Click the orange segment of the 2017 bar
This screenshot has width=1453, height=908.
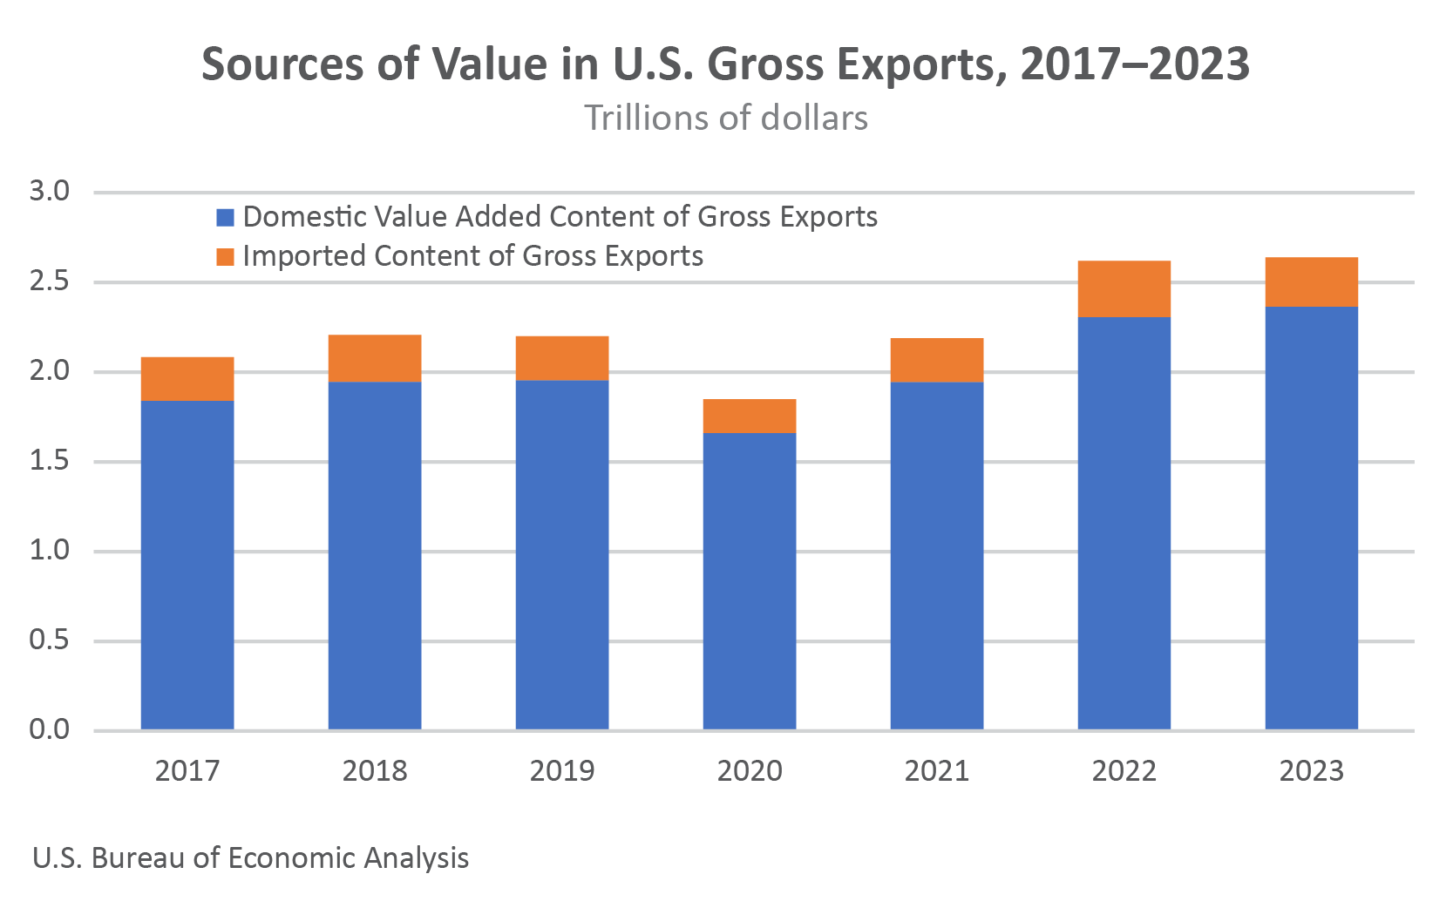187,378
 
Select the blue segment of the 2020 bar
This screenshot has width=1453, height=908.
750,580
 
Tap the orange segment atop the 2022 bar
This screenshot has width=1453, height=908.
1124,288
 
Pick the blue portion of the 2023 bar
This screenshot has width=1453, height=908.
1312,518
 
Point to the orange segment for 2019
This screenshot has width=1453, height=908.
562,358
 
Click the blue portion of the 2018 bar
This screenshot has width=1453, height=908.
375,555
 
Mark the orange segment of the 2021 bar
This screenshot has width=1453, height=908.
937,360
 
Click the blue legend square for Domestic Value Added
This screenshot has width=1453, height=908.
226,217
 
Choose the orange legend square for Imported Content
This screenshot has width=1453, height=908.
226,256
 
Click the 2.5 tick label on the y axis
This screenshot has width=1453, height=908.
50,281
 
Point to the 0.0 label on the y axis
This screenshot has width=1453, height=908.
50,729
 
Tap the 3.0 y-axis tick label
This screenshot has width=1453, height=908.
50,191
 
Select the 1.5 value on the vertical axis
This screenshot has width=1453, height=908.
50,461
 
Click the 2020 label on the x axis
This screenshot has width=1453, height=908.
750,770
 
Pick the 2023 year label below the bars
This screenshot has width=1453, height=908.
1312,770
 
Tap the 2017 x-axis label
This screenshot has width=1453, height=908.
187,770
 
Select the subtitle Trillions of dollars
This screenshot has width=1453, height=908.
726,118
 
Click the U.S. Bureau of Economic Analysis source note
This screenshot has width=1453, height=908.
251,857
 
